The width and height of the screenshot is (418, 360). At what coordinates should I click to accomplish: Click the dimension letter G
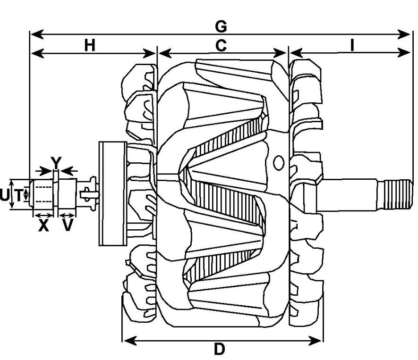221,25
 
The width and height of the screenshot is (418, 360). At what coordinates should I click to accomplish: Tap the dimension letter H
90,45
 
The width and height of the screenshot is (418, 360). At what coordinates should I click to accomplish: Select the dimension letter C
221,45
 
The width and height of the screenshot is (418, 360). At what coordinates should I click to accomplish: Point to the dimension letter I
352,45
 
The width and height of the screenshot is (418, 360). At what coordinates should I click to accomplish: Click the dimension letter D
219,350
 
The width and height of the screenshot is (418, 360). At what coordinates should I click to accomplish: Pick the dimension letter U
4,194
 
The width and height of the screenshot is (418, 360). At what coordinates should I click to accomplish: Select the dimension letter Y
56,163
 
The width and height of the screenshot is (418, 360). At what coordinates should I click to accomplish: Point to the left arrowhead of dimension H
34,53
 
